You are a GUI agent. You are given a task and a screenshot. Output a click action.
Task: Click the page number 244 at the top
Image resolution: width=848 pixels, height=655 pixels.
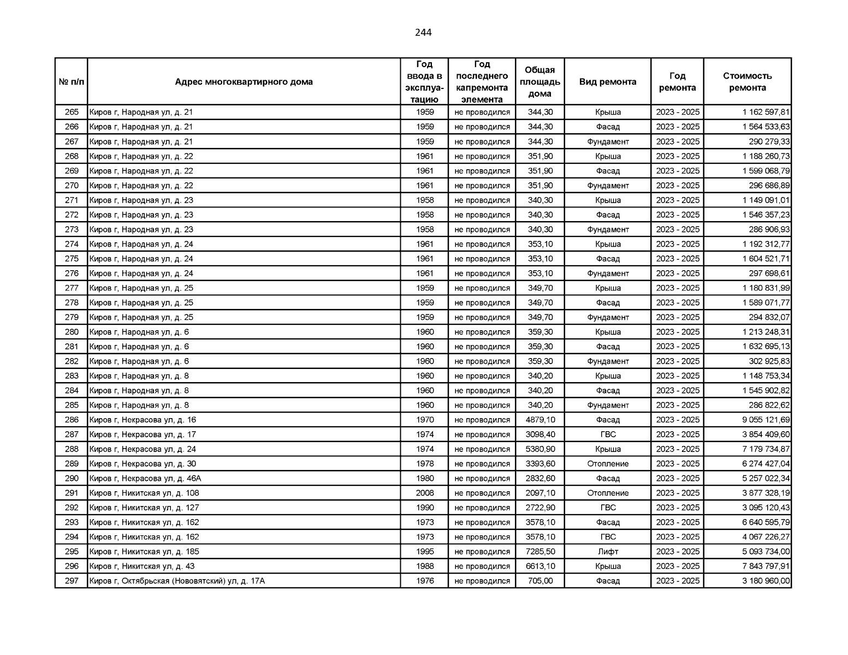point(423,33)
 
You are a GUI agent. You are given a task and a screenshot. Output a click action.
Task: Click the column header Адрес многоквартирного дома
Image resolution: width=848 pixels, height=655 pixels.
point(244,82)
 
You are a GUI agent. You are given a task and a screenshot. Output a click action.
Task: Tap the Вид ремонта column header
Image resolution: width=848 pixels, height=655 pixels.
point(607,82)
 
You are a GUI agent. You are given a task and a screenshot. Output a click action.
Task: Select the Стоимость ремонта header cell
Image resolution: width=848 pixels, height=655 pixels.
point(747,82)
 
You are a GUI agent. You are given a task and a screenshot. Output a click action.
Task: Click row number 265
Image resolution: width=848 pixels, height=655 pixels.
point(72,112)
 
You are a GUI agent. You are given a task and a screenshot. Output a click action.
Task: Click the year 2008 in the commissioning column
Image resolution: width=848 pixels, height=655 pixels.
point(424,493)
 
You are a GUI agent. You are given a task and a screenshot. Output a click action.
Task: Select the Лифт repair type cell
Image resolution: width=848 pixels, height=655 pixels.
point(607,552)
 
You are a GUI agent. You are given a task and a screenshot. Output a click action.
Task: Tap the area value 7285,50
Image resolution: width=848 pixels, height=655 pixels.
point(540,552)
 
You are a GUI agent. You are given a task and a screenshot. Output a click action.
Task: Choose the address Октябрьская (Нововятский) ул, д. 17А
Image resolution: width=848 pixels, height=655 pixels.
point(177,581)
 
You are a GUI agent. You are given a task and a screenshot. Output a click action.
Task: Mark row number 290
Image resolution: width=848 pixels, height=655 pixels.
point(72,479)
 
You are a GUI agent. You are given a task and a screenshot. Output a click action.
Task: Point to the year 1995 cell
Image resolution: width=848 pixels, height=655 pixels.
point(424,552)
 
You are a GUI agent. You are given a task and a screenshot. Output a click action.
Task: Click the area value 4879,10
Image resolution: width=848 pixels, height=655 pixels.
point(540,420)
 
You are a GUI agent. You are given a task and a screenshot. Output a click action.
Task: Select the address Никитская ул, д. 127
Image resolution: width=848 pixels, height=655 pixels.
point(144,508)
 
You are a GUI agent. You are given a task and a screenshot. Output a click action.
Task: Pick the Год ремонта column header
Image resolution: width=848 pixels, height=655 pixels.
point(677,82)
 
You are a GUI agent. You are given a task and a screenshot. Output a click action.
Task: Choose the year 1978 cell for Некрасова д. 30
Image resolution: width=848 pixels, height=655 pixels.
point(424,464)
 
